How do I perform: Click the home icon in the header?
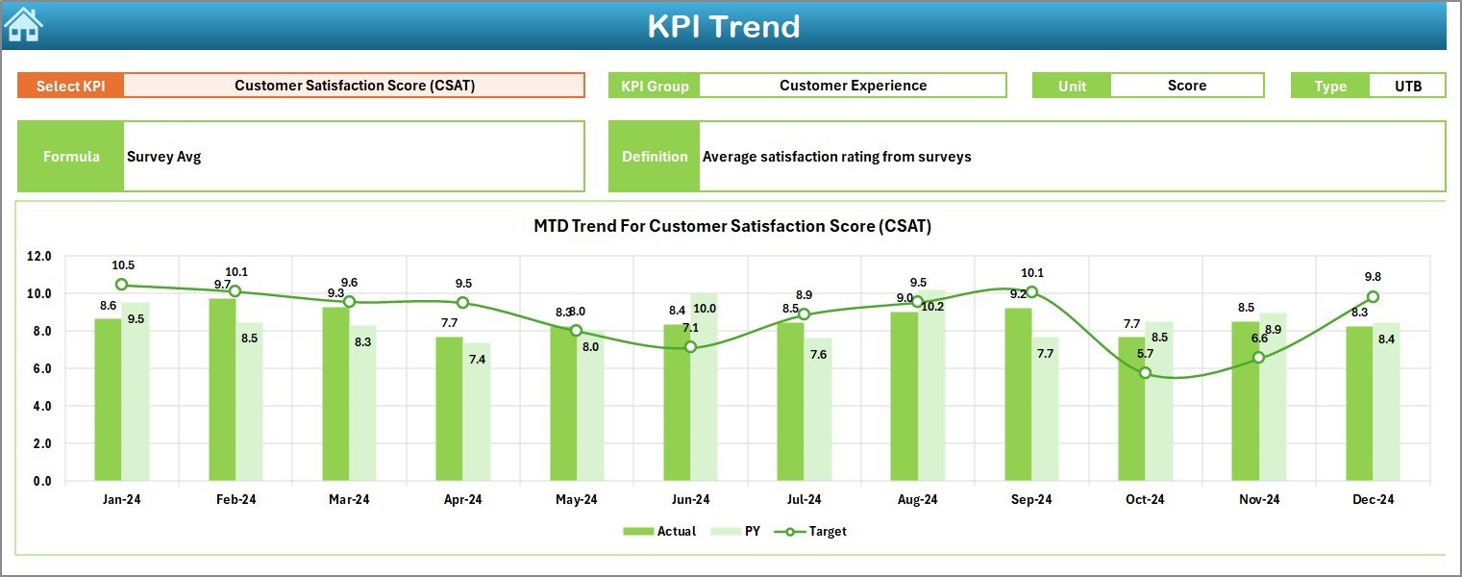(23, 24)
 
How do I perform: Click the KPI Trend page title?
(723, 26)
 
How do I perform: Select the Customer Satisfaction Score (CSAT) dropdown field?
(354, 86)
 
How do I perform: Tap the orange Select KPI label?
(71, 86)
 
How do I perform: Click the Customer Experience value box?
(853, 86)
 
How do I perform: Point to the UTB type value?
(1407, 86)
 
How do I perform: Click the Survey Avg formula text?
(163, 157)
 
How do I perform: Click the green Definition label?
(655, 157)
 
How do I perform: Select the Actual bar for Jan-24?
(108, 399)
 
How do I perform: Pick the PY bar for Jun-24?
(704, 387)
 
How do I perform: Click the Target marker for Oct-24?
(1145, 373)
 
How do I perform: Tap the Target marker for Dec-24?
(1373, 297)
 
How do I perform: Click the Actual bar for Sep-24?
(1018, 394)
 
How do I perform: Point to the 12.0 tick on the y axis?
(39, 257)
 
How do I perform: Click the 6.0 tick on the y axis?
(39, 369)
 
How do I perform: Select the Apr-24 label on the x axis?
(463, 500)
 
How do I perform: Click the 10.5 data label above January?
(123, 265)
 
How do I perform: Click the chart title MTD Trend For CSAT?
(732, 226)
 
